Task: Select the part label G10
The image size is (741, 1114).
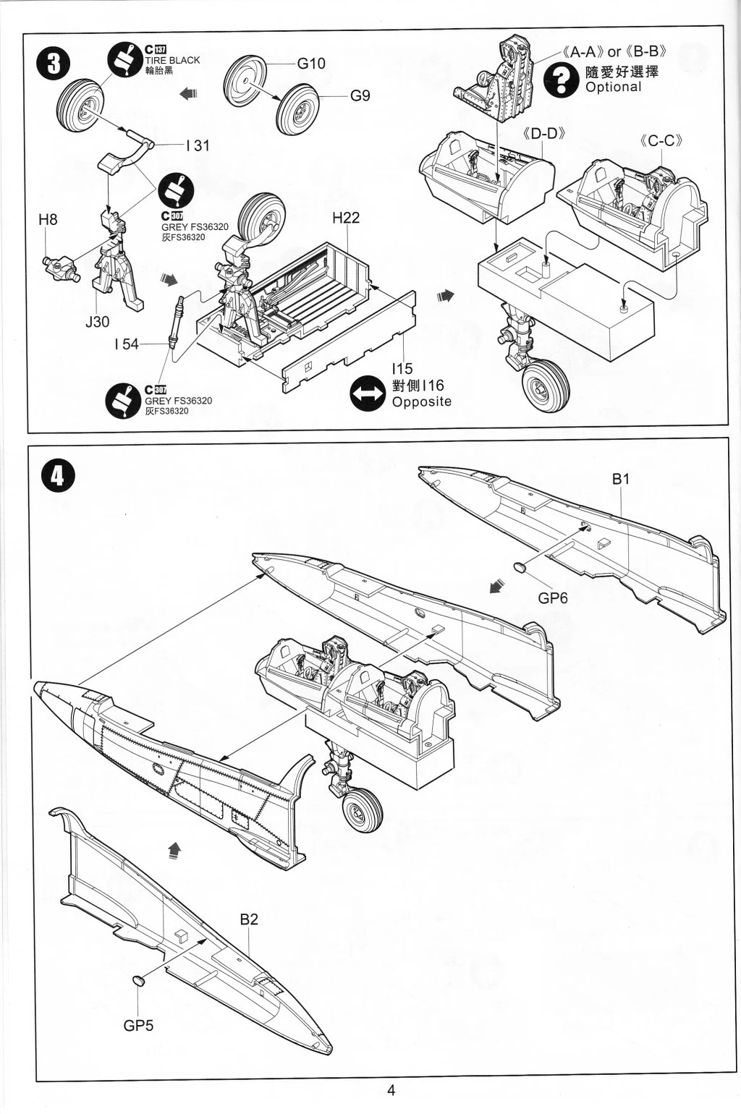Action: pos(311,64)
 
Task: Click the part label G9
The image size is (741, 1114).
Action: pos(360,95)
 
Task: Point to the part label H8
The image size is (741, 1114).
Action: pos(48,219)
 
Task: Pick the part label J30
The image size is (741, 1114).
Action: pos(97,321)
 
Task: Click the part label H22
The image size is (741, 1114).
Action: pos(346,218)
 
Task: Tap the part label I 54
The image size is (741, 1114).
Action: pos(126,344)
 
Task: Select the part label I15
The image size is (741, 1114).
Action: pos(402,370)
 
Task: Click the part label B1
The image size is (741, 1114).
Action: pos(622,479)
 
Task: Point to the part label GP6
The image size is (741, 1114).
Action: pos(553,598)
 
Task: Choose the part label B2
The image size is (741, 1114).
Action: pos(249,919)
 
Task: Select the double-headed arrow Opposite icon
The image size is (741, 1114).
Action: pos(367,394)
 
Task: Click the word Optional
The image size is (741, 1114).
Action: pos(614,87)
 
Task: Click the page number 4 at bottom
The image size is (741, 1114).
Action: pos(391,1090)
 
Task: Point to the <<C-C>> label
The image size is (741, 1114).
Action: pos(662,141)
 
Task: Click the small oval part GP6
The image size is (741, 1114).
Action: pos(521,568)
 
